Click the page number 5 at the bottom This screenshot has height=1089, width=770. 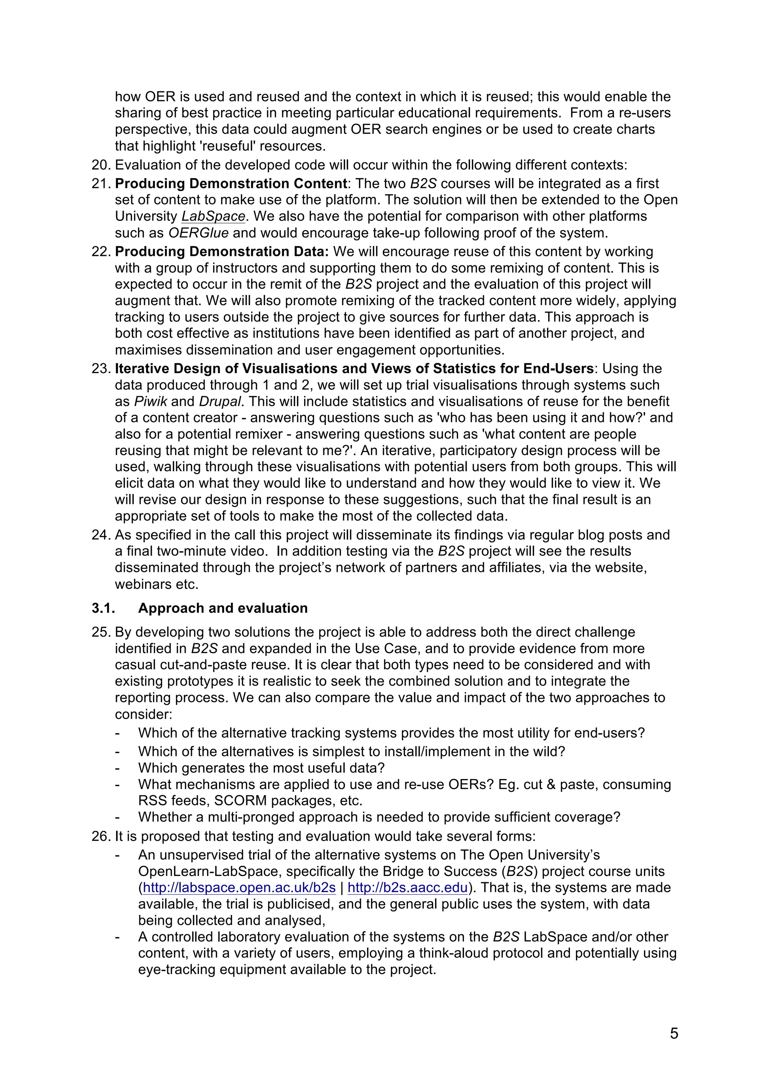tap(674, 1033)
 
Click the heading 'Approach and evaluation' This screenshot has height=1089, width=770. tap(223, 608)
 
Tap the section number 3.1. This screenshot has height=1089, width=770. tap(103, 608)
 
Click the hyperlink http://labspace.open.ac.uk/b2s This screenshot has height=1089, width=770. tap(239, 888)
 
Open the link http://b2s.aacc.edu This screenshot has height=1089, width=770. tap(408, 888)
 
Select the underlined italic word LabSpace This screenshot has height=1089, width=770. tap(213, 216)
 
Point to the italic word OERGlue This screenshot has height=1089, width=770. tap(198, 233)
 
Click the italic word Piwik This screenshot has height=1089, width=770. tap(150, 401)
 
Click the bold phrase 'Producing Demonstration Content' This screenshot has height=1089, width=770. tap(231, 183)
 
